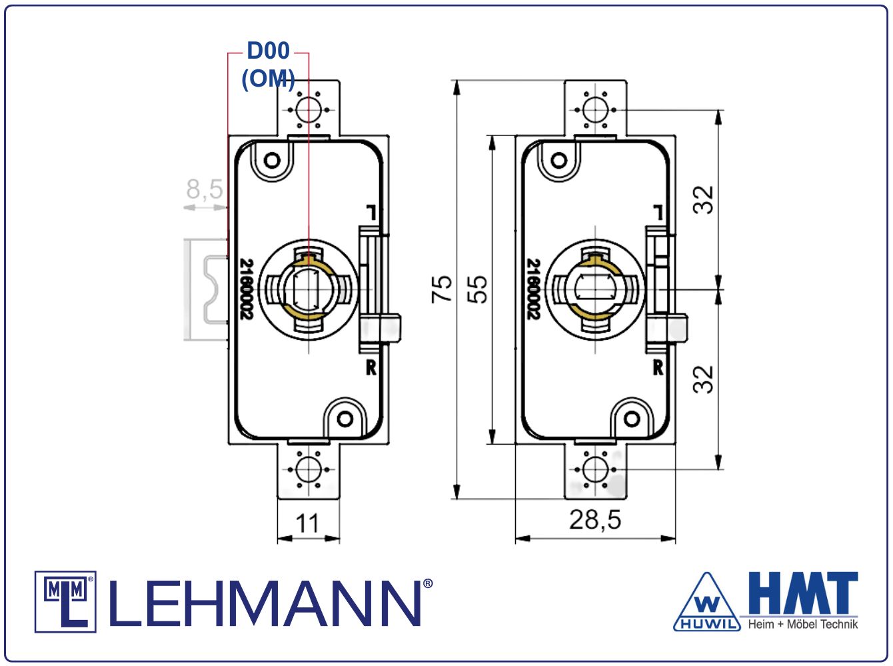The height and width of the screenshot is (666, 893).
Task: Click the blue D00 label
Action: pos(268,51)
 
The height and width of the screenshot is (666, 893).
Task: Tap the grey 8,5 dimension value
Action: pos(205,189)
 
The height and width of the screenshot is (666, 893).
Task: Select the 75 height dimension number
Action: pos(441,289)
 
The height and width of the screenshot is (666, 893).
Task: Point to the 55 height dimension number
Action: pos(477,289)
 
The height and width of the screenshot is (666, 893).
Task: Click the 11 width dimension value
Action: pos(307,523)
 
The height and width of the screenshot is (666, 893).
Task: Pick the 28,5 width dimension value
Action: pos(595,519)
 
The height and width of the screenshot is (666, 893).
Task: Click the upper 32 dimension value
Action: pos(704,200)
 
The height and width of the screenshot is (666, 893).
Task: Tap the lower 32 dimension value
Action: pos(704,379)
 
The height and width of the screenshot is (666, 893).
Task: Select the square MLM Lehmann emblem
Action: pos(65,602)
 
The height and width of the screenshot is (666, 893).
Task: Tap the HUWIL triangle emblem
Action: pos(707,603)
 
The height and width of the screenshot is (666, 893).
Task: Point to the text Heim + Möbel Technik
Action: pos(803,624)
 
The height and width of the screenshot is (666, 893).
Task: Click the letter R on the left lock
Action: pos(371,367)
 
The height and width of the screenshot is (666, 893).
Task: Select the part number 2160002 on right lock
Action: pos(533,289)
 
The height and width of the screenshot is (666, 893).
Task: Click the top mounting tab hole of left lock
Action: pos(309,110)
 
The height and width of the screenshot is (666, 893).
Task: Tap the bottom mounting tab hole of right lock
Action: pos(595,469)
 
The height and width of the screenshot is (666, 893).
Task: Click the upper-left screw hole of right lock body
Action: pos(559,160)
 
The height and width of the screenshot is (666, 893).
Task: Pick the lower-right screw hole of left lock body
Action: pos(345,419)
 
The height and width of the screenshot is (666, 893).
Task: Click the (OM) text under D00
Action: pos(268,79)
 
